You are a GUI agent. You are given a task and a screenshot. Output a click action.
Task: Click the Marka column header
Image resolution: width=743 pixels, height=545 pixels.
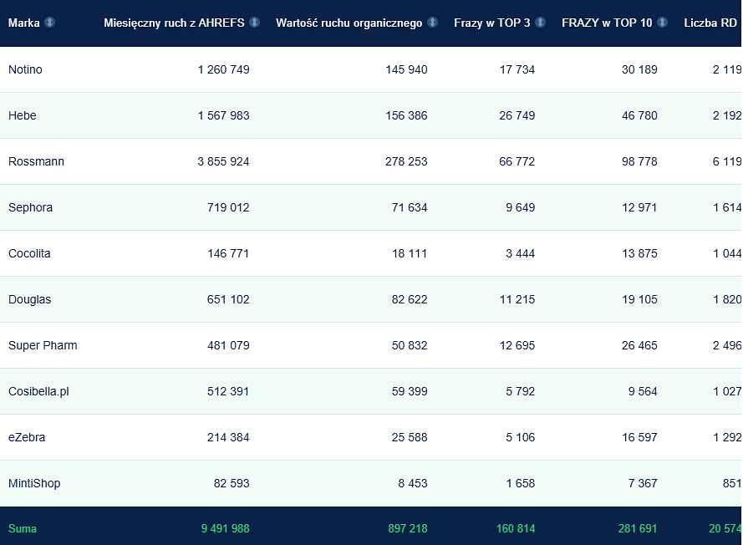[24, 23]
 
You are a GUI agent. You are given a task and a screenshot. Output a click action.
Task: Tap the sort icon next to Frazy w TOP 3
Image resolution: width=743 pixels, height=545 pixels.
[540, 23]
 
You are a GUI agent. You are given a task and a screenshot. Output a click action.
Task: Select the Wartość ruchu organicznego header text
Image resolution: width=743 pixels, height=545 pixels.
[349, 23]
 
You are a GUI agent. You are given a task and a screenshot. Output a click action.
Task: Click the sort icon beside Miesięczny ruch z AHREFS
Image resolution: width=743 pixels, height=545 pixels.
[254, 23]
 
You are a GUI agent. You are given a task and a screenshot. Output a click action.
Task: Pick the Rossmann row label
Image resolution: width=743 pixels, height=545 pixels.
[36, 161]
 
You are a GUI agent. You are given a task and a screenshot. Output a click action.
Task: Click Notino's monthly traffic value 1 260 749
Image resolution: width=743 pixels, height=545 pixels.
[224, 69]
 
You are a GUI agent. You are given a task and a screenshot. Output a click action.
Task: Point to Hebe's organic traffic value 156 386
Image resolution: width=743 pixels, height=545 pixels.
[406, 115]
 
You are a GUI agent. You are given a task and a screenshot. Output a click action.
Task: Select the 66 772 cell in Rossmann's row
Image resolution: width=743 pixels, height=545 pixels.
[517, 161]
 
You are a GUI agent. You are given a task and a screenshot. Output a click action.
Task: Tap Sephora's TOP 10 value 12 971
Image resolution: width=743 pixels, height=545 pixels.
[639, 207]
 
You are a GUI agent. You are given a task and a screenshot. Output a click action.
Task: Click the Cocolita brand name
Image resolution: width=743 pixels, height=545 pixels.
[29, 253]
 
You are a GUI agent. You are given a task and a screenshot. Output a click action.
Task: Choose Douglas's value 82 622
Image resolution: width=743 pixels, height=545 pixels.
[410, 299]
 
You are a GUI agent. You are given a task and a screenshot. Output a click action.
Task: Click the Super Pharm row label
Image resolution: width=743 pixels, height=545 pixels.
[43, 345]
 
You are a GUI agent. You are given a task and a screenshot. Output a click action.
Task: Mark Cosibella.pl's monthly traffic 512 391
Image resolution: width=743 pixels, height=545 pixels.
[228, 391]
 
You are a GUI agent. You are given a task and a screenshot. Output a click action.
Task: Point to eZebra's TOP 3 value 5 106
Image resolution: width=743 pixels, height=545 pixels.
[521, 437]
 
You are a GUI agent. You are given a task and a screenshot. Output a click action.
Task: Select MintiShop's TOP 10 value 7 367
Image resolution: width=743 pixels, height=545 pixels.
[643, 483]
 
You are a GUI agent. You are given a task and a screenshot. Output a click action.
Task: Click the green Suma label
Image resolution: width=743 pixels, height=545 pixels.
[23, 529]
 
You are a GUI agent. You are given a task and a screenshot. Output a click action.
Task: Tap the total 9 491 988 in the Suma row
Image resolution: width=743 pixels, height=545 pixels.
[225, 529]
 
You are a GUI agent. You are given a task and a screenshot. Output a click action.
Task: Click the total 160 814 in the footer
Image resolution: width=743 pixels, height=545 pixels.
[516, 529]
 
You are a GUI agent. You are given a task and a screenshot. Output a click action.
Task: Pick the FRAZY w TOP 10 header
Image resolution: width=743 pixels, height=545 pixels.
[607, 23]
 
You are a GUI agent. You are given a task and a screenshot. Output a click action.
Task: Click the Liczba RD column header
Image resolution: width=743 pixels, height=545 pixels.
[710, 23]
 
